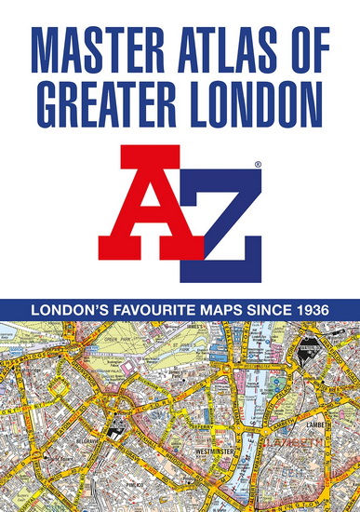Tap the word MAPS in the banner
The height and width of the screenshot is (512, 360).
(231, 307)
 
